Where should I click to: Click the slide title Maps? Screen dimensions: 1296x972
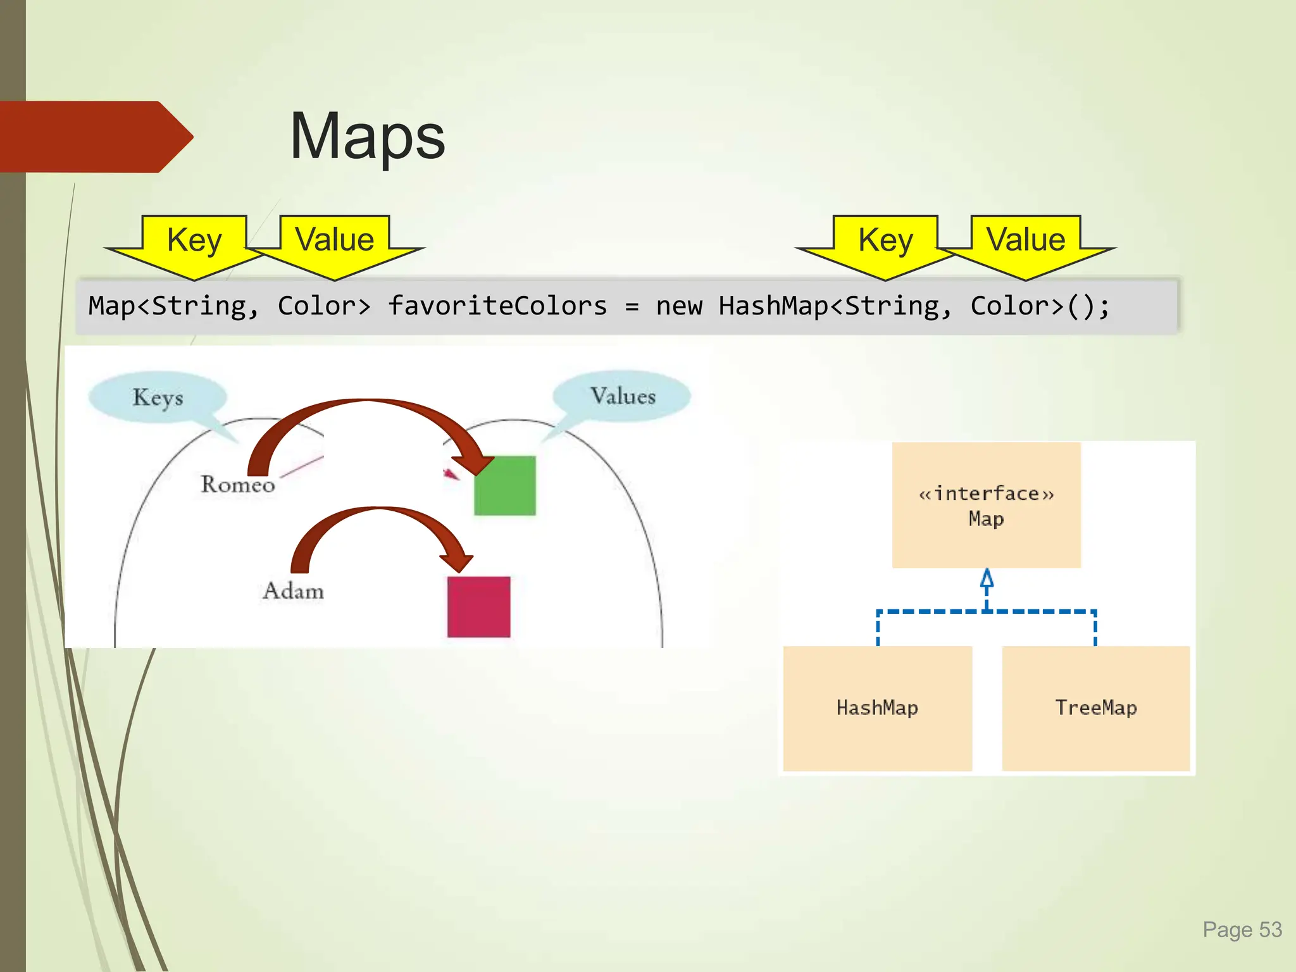click(x=367, y=136)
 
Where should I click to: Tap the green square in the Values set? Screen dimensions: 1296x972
click(x=504, y=485)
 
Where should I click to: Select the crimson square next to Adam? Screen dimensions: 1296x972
click(x=478, y=606)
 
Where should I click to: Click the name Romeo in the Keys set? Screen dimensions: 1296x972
click(x=238, y=485)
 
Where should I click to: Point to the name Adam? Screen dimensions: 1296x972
click(x=293, y=591)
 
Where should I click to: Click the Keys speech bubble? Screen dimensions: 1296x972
click(x=158, y=397)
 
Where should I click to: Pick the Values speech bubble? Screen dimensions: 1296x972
click(x=622, y=396)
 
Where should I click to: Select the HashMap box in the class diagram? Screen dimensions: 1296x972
click(x=877, y=708)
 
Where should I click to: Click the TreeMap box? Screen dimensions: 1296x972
click(x=1096, y=708)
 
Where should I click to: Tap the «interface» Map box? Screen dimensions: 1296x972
click(x=986, y=505)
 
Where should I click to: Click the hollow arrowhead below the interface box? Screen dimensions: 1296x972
click(x=987, y=578)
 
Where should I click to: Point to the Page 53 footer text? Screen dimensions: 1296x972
click(x=1242, y=930)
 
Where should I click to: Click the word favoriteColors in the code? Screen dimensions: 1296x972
click(x=497, y=306)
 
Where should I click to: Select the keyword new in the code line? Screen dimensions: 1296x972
click(x=678, y=306)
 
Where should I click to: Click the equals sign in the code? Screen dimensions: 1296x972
click(x=631, y=307)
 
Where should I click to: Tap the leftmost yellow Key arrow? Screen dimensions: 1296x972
click(x=194, y=244)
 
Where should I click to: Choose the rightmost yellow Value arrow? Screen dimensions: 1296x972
click(x=1026, y=244)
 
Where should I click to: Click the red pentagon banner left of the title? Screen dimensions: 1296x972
click(x=89, y=137)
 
